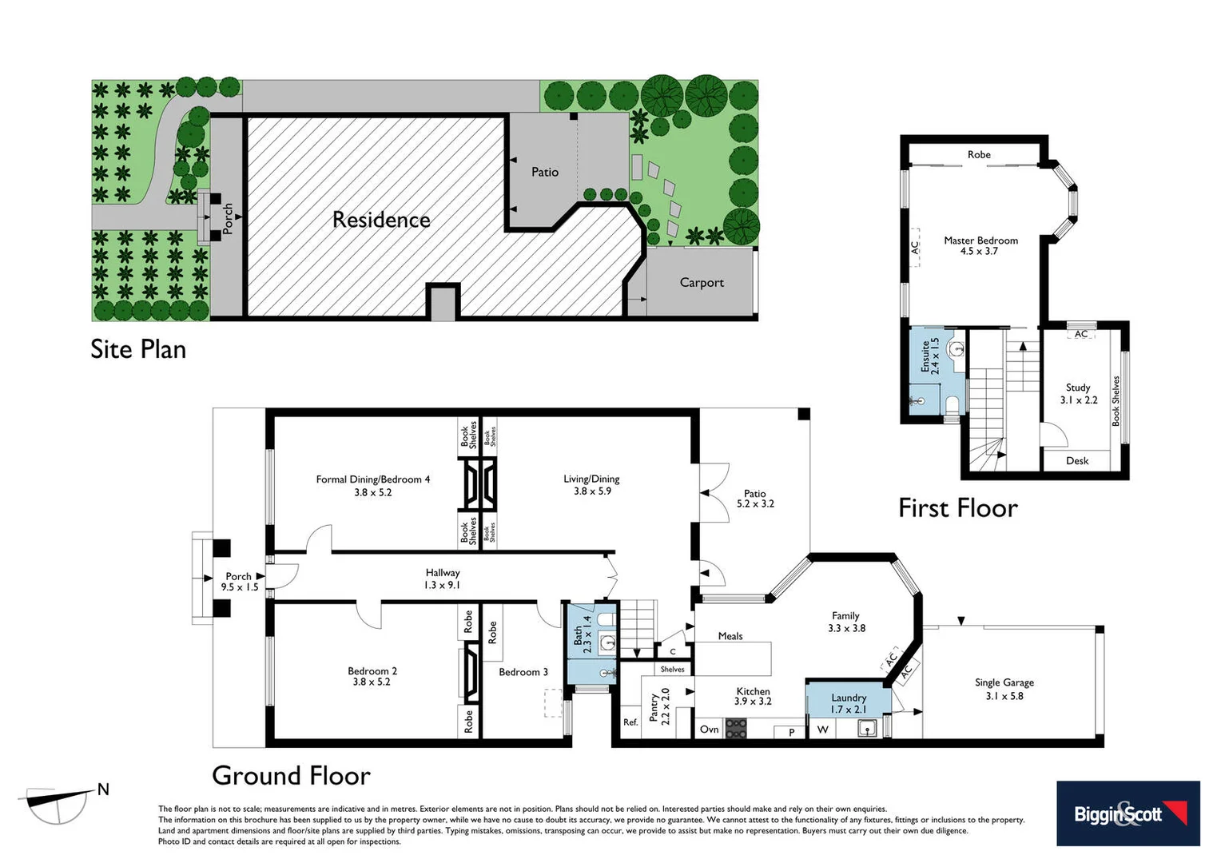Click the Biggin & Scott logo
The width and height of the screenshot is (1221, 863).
pyautogui.click(x=1128, y=813)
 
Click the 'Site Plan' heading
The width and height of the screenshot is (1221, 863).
pyautogui.click(x=138, y=349)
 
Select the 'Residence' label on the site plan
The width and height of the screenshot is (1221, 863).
pyautogui.click(x=381, y=220)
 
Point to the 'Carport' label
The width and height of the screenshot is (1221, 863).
pyautogui.click(x=702, y=282)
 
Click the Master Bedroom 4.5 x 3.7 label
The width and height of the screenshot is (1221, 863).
pyautogui.click(x=980, y=245)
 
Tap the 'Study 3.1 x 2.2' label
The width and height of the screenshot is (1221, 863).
pyautogui.click(x=1078, y=393)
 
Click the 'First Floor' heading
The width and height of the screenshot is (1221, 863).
pyautogui.click(x=958, y=508)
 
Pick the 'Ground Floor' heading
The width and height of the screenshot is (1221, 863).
pyautogui.click(x=291, y=775)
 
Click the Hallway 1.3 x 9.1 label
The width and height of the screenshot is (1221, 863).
pyautogui.click(x=443, y=579)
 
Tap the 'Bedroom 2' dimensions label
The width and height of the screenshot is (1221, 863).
pyautogui.click(x=372, y=677)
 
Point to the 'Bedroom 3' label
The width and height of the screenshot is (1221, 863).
pyautogui.click(x=523, y=672)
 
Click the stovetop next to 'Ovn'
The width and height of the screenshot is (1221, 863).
pyautogui.click(x=735, y=729)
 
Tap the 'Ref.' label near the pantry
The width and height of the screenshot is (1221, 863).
pyautogui.click(x=630, y=722)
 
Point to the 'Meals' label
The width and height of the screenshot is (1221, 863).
pyautogui.click(x=730, y=636)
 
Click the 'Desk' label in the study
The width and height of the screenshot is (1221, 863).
pyautogui.click(x=1077, y=460)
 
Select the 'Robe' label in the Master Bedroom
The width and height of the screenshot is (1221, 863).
pyautogui.click(x=979, y=155)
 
